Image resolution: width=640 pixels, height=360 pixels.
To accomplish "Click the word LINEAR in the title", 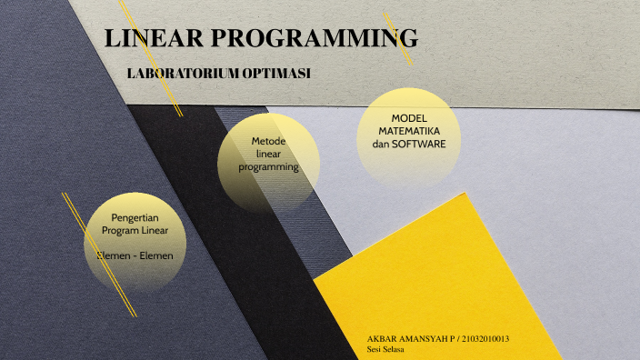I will pos(147,39).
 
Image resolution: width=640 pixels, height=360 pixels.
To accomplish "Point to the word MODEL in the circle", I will pos(408,119).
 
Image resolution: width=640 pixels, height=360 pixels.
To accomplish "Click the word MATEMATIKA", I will pos(408,132).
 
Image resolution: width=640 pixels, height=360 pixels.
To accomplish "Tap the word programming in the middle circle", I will pos(268,167).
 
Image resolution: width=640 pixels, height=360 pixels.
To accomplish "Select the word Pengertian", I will pos(135,218).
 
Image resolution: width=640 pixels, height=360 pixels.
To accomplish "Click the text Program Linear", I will pos(135,231).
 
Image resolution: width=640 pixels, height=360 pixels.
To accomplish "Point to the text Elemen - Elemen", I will pos(135,255).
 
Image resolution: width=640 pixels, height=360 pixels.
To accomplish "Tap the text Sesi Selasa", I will pos(385,349).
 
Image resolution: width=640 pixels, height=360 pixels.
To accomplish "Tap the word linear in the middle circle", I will pos(268,155).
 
